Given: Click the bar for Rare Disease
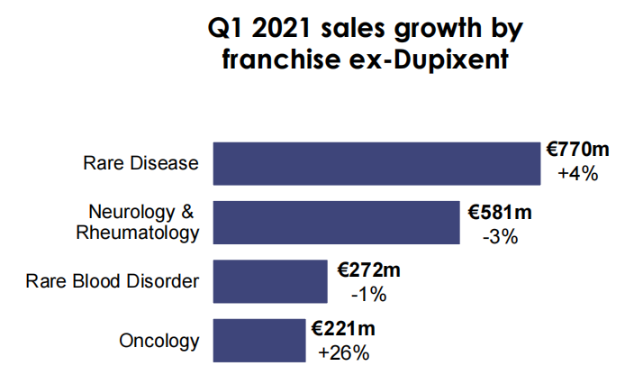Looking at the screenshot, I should [376, 163].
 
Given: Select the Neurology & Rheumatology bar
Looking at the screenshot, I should [335, 222].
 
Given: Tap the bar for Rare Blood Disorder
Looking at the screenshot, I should [269, 281].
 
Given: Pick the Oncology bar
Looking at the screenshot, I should [259, 341].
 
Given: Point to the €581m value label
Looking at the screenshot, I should [500, 213].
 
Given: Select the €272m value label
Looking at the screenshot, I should [368, 270].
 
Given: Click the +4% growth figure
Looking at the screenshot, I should [578, 174].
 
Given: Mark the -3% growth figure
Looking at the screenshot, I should [501, 236].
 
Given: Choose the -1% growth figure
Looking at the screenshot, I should [368, 294].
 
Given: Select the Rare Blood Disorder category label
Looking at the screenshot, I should [113, 281].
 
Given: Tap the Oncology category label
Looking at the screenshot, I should [159, 341].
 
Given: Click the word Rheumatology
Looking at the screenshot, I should [139, 233].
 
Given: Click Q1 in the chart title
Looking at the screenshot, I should [225, 29].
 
